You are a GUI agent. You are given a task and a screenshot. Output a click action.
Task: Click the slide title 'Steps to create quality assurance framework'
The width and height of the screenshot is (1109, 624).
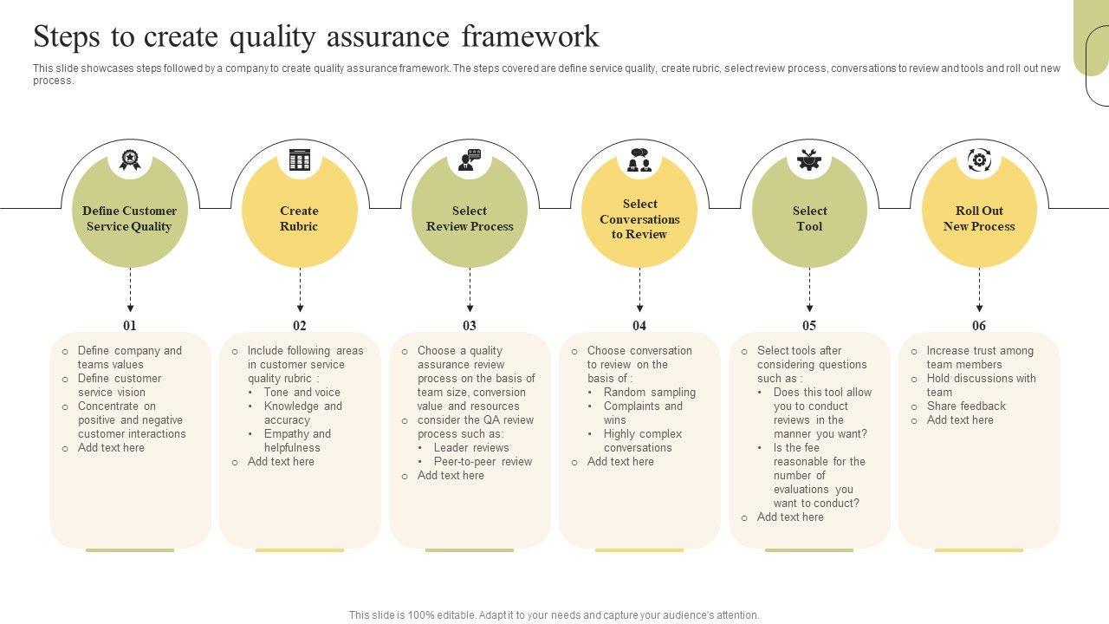click(x=316, y=37)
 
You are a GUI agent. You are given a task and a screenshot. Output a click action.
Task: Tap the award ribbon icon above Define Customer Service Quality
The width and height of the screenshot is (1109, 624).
click(x=130, y=159)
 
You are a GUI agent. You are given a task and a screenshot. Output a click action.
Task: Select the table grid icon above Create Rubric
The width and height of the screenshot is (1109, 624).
click(x=300, y=159)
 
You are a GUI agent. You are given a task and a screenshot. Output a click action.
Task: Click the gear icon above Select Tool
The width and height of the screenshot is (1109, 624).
click(x=809, y=159)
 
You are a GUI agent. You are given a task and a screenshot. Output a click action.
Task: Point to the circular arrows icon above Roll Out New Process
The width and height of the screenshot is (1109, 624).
click(x=979, y=159)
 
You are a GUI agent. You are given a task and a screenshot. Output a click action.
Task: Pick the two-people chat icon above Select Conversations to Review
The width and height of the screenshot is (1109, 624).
click(x=639, y=159)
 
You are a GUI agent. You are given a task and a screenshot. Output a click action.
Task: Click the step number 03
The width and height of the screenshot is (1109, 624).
click(x=470, y=326)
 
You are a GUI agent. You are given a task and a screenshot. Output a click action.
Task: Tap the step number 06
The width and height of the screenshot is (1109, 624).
click(x=979, y=326)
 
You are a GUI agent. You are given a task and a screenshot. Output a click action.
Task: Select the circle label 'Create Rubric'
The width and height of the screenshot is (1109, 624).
click(x=299, y=218)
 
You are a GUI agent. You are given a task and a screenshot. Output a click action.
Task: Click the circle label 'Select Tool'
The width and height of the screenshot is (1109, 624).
click(x=809, y=218)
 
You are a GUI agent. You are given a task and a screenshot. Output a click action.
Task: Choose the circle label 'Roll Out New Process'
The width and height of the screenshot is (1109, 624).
click(x=979, y=218)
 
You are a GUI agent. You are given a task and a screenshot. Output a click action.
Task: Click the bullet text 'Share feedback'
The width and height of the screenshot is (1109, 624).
click(x=966, y=406)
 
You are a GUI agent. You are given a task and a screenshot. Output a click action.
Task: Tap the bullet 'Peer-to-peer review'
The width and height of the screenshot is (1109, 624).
click(x=483, y=462)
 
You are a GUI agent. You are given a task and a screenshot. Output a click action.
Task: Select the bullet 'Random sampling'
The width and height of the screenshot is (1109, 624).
click(x=649, y=393)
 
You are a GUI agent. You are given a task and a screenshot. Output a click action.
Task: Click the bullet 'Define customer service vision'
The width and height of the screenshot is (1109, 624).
click(x=120, y=386)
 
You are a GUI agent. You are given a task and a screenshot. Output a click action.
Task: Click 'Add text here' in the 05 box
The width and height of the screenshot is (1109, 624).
click(x=790, y=517)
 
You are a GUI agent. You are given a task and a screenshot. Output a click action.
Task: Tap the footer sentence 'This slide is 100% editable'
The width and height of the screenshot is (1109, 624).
click(x=554, y=615)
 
